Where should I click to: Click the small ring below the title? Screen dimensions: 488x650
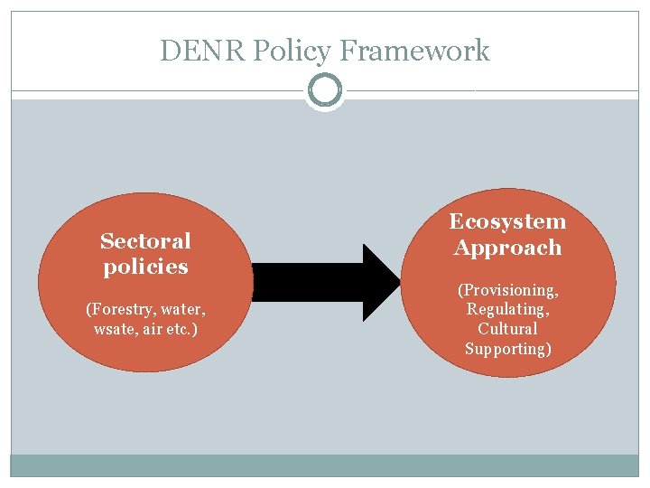tap(325, 90)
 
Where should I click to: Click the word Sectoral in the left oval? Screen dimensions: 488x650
tap(145, 241)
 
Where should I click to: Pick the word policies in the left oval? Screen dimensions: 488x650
tap(145, 267)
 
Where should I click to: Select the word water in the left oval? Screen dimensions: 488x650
tap(184, 310)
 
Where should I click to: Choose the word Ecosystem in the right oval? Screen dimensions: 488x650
tap(507, 222)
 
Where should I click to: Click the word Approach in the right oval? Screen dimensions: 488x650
tap(507, 249)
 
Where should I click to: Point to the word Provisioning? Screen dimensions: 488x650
tap(508, 290)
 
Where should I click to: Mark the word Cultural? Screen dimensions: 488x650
tap(507, 329)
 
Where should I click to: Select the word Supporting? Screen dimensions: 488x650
tap(507, 349)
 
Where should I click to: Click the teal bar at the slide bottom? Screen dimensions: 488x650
tap(325, 465)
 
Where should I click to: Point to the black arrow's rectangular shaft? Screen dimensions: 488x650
tap(307, 282)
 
